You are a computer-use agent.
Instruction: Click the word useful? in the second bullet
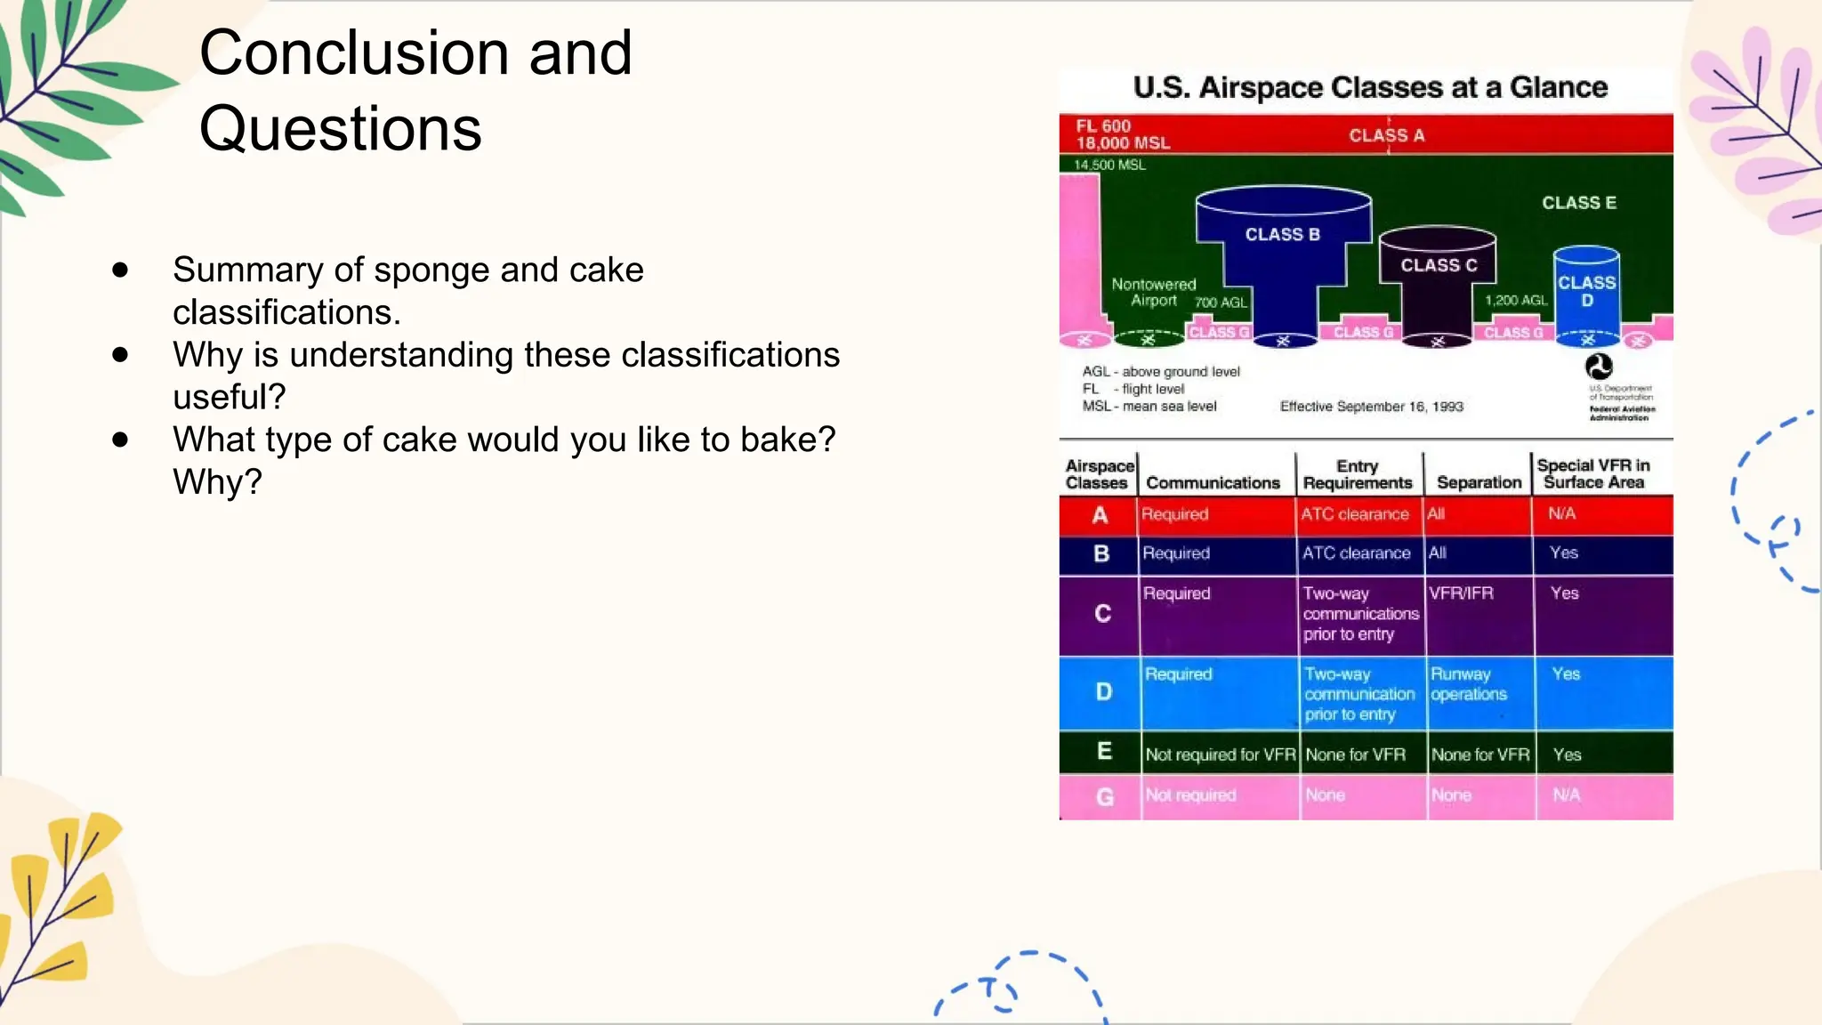[x=229, y=397]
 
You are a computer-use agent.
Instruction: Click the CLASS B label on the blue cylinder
[x=1282, y=235]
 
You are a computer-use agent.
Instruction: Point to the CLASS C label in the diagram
[x=1438, y=265]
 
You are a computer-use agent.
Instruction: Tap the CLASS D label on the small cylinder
[x=1586, y=291]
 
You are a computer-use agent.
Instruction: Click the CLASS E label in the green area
[x=1578, y=203]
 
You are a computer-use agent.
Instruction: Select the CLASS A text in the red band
[x=1386, y=135]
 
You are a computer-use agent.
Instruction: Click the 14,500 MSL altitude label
[x=1109, y=165]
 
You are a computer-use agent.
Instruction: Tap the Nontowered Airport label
[x=1154, y=292]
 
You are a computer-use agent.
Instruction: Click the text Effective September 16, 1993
[x=1371, y=407]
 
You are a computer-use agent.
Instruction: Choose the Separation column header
[x=1479, y=482]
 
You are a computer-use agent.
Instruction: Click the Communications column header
[x=1213, y=482]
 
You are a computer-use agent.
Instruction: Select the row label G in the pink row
[x=1104, y=796]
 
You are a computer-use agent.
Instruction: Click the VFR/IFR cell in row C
[x=1461, y=593]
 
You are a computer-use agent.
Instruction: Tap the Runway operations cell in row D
[x=1468, y=684]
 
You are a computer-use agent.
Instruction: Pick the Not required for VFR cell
[x=1220, y=755]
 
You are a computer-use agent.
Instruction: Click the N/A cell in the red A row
[x=1561, y=513]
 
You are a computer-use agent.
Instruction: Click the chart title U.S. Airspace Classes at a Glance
[x=1370, y=87]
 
